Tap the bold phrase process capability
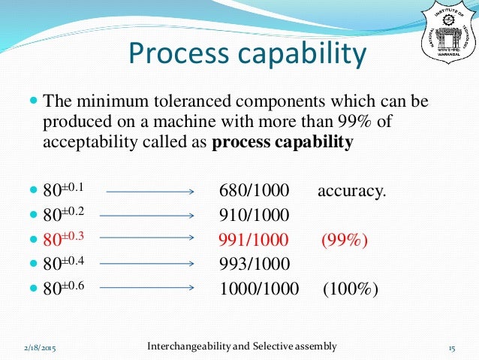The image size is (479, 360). (282, 143)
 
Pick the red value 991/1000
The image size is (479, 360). (254, 240)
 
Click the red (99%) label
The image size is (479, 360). (345, 240)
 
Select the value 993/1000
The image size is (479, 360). (255, 264)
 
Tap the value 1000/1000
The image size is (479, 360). (259, 289)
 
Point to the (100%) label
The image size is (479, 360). (351, 289)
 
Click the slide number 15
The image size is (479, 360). (452, 348)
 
